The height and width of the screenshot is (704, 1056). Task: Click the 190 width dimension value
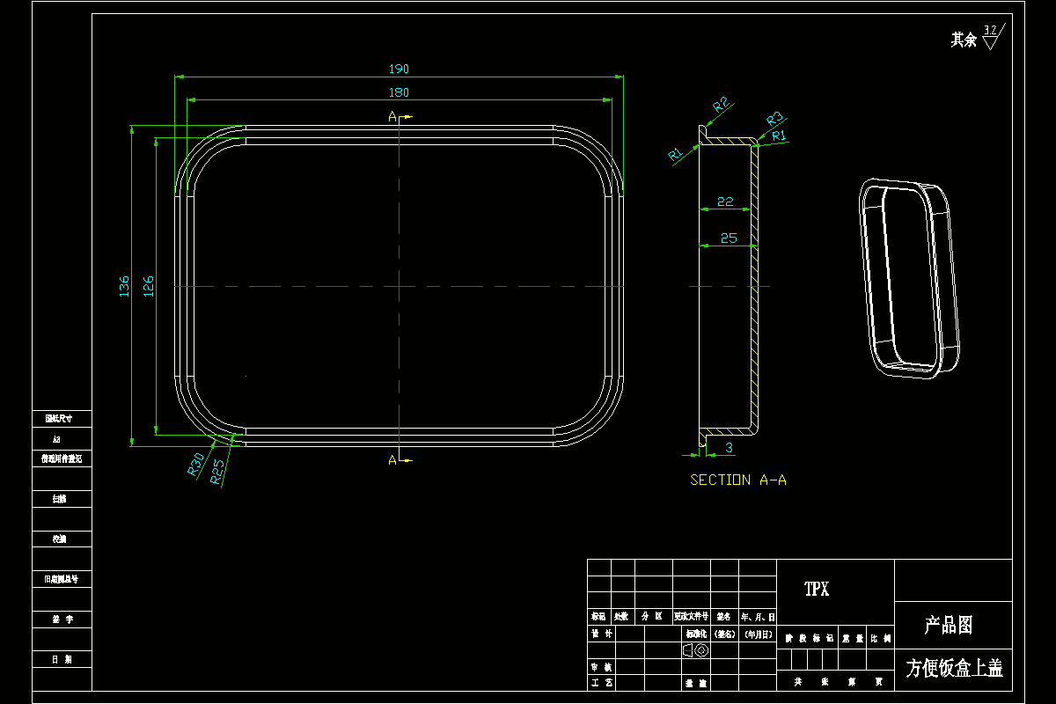tap(399, 69)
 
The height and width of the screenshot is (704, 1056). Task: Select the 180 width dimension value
tap(399, 92)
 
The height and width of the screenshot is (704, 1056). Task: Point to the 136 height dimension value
tap(124, 286)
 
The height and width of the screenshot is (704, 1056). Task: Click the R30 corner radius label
tap(196, 463)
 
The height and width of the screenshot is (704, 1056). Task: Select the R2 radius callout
tap(722, 106)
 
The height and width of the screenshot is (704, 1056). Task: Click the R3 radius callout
tap(774, 118)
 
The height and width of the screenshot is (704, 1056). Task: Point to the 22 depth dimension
tap(725, 202)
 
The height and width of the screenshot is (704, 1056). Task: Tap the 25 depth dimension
tap(728, 238)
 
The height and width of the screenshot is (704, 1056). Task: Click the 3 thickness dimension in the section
tap(729, 448)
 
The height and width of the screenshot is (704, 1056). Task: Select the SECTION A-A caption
tap(737, 480)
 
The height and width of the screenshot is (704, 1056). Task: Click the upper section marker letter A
tap(392, 116)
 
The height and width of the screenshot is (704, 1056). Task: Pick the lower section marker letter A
tap(392, 459)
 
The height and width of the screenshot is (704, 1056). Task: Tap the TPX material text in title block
tap(817, 590)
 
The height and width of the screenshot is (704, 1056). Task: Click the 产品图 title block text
tap(948, 626)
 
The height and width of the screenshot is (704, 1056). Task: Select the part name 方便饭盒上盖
tap(954, 669)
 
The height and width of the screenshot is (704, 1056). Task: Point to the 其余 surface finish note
tap(964, 40)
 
